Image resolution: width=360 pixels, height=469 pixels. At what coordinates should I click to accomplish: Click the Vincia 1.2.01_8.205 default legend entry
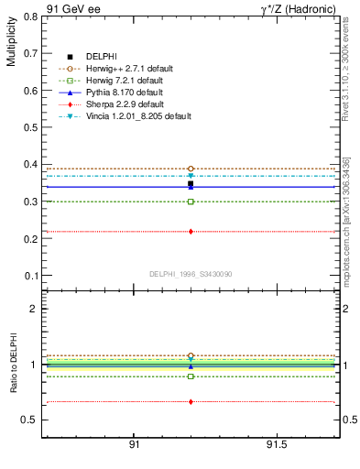[137, 116]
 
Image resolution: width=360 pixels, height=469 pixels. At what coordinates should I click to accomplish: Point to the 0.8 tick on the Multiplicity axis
[29, 16]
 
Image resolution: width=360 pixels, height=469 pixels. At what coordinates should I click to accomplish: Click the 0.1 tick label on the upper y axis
[29, 276]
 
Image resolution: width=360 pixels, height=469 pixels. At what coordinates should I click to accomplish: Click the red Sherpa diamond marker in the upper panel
[191, 232]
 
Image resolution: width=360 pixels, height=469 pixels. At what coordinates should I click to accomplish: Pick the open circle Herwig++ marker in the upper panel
[191, 169]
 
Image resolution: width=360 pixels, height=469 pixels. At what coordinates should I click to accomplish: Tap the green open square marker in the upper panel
[191, 202]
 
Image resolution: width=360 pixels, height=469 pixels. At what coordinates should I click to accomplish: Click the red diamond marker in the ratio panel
[191, 401]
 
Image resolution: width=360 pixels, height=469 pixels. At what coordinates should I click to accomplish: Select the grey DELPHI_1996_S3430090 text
[190, 274]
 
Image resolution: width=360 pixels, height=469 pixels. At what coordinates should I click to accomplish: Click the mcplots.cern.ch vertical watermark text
[347, 229]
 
